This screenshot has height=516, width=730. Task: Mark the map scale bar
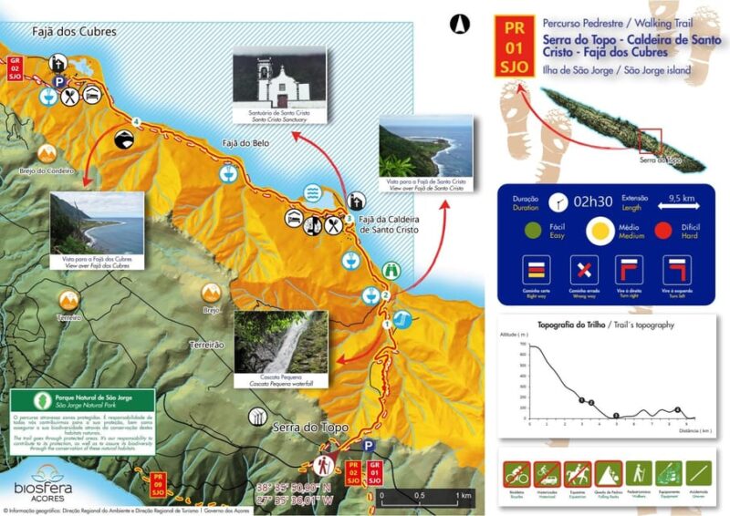tap(425, 493)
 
